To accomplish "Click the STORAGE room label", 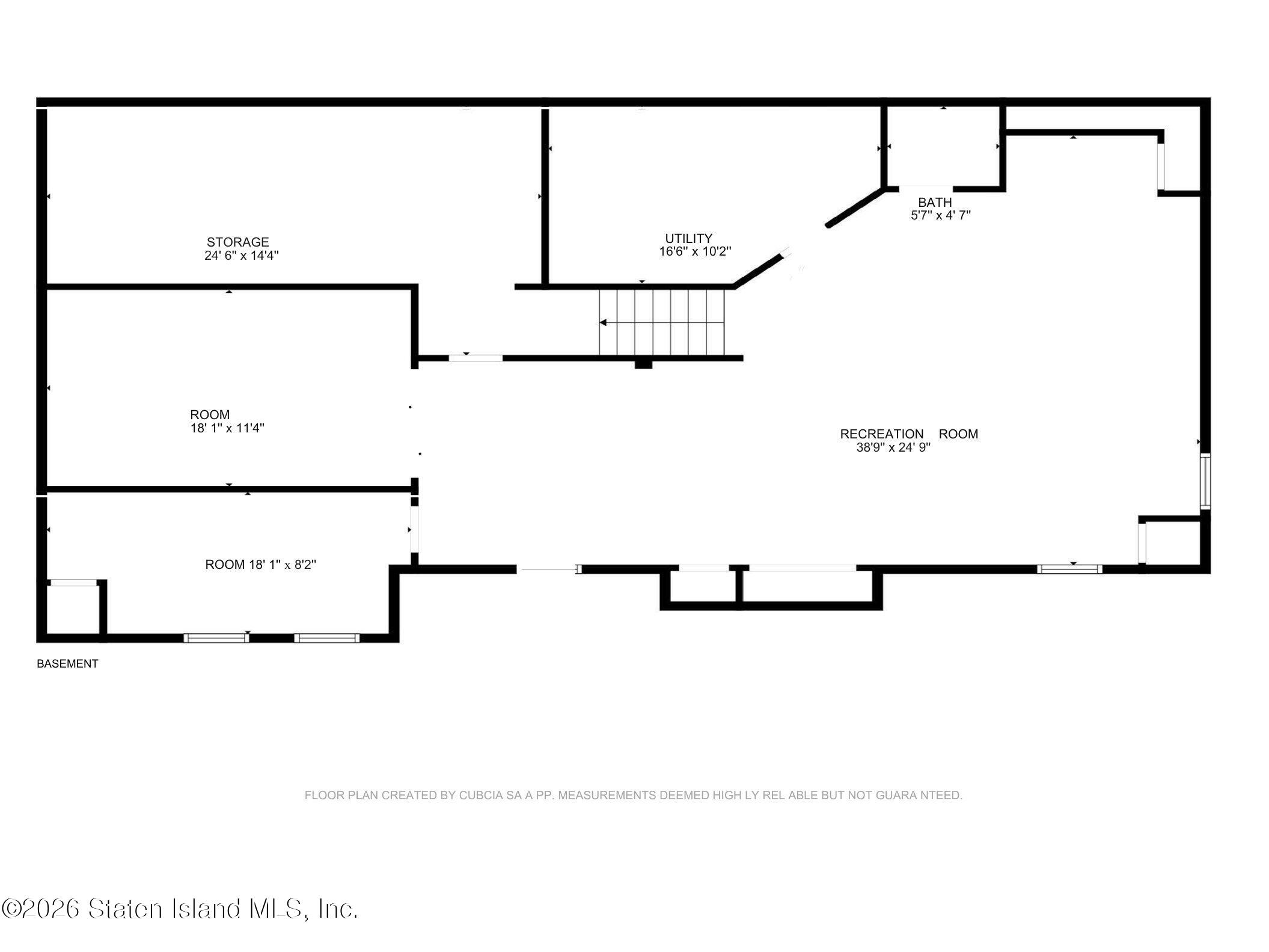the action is (x=237, y=242).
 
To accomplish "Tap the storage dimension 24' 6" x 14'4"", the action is (x=242, y=255).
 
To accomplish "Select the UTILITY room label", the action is (x=688, y=238).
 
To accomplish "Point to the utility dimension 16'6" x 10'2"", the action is (x=695, y=251).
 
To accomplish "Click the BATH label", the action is (x=935, y=203).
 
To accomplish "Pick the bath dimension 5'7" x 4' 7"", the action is (x=941, y=215).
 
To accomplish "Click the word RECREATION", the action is (x=882, y=434).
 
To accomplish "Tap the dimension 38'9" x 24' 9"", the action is (x=893, y=447).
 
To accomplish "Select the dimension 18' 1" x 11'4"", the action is (x=227, y=428).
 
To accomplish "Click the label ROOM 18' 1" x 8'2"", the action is (x=261, y=565).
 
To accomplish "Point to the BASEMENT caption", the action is (x=67, y=664).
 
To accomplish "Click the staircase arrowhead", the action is (x=603, y=323).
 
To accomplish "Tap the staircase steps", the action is (x=661, y=322).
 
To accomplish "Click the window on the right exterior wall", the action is (x=1205, y=482).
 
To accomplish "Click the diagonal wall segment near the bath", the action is (x=856, y=208).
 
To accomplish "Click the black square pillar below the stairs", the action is (x=643, y=363).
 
